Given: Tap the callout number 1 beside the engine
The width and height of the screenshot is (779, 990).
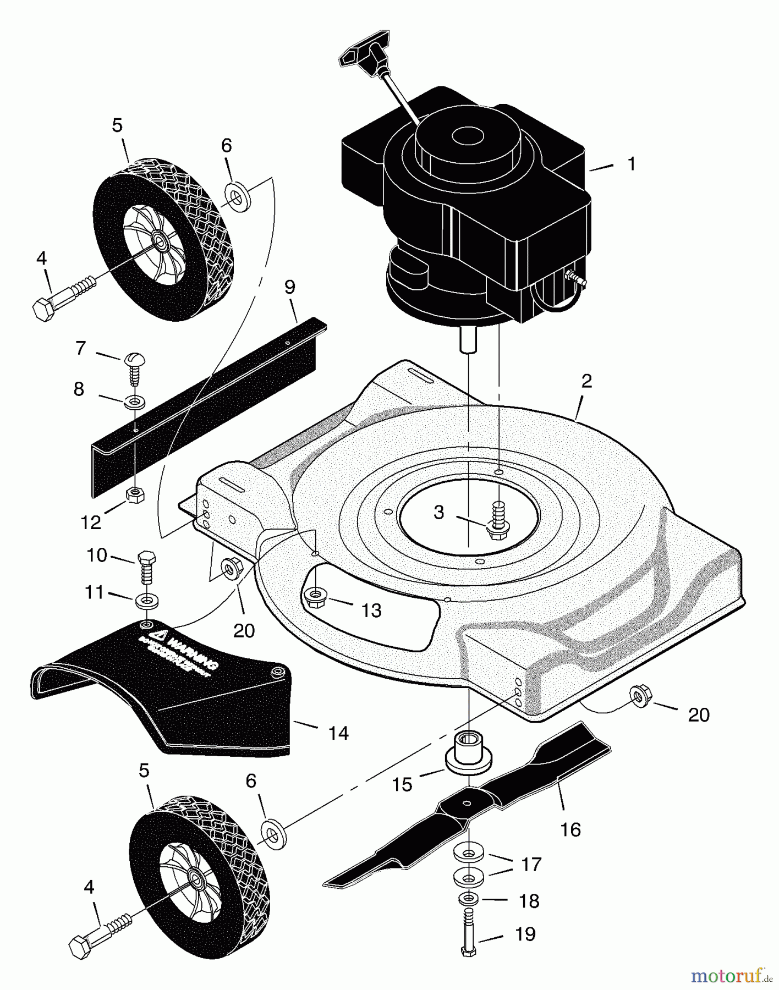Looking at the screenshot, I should [x=632, y=164].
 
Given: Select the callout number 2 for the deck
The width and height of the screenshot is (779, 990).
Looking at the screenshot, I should [x=586, y=381].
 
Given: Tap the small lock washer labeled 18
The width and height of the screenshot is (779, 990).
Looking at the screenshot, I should [x=467, y=900].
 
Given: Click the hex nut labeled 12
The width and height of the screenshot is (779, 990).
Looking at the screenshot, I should [x=135, y=494].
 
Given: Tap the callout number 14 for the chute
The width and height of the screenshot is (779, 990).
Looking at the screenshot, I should [x=338, y=733].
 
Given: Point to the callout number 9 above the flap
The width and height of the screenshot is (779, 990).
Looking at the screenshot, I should [x=290, y=287].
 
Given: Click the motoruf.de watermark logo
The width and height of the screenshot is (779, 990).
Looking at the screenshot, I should [x=731, y=975].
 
